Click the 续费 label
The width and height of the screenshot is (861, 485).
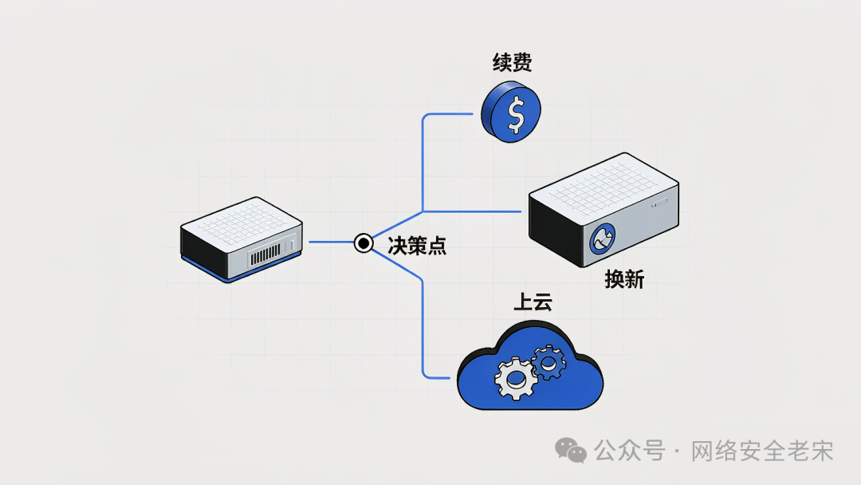512,62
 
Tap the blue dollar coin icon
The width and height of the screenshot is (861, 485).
511,112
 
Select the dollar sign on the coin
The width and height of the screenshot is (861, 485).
516,115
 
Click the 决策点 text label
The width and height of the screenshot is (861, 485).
417,246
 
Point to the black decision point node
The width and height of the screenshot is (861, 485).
363,242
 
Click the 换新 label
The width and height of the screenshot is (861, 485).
624,279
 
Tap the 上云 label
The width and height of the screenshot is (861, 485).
533,302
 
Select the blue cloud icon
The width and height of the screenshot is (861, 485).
530,366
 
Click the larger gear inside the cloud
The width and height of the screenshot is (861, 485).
515,378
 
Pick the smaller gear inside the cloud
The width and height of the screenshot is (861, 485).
548,362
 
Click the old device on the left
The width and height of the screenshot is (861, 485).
242,239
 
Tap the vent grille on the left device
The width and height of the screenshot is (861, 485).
265,254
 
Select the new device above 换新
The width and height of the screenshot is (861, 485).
603,209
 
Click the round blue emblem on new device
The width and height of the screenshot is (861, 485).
603,239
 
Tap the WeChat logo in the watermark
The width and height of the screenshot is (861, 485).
571,451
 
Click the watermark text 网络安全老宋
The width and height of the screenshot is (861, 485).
761,451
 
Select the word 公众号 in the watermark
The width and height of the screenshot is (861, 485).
630,451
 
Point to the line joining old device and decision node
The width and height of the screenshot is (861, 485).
331,242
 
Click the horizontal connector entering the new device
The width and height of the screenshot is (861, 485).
472,211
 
